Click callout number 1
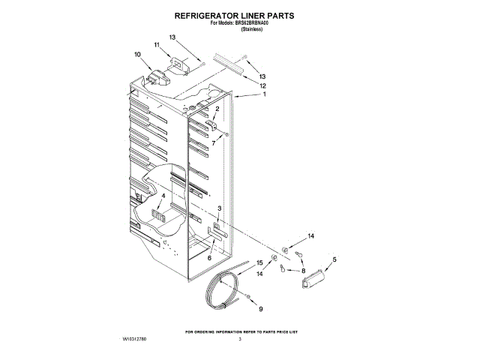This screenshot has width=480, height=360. (x=263, y=95)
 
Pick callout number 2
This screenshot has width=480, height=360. (x=217, y=109)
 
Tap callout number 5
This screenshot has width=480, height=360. (x=334, y=259)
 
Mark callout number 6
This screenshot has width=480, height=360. (x=209, y=258)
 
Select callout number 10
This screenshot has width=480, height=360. (x=137, y=54)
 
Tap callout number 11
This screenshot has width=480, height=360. (x=157, y=46)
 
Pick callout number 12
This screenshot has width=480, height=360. (x=263, y=85)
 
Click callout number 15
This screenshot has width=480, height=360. (x=260, y=262)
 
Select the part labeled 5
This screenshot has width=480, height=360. (x=312, y=280)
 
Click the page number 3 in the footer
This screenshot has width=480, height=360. (x=240, y=340)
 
